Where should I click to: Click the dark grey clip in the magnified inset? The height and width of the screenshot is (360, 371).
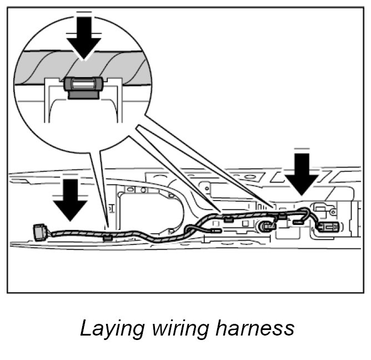tap(83, 86)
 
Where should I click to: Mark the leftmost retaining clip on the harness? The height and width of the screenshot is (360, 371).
tap(108, 237)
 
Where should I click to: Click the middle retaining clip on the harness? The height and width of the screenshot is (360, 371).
tap(228, 217)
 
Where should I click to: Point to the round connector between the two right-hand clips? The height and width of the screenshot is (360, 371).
tap(267, 226)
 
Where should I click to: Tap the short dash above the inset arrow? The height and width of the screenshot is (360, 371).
tap(84, 12)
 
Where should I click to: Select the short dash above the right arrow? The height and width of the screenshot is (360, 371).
tap(302, 149)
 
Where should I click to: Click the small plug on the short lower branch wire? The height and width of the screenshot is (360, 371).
tap(298, 222)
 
